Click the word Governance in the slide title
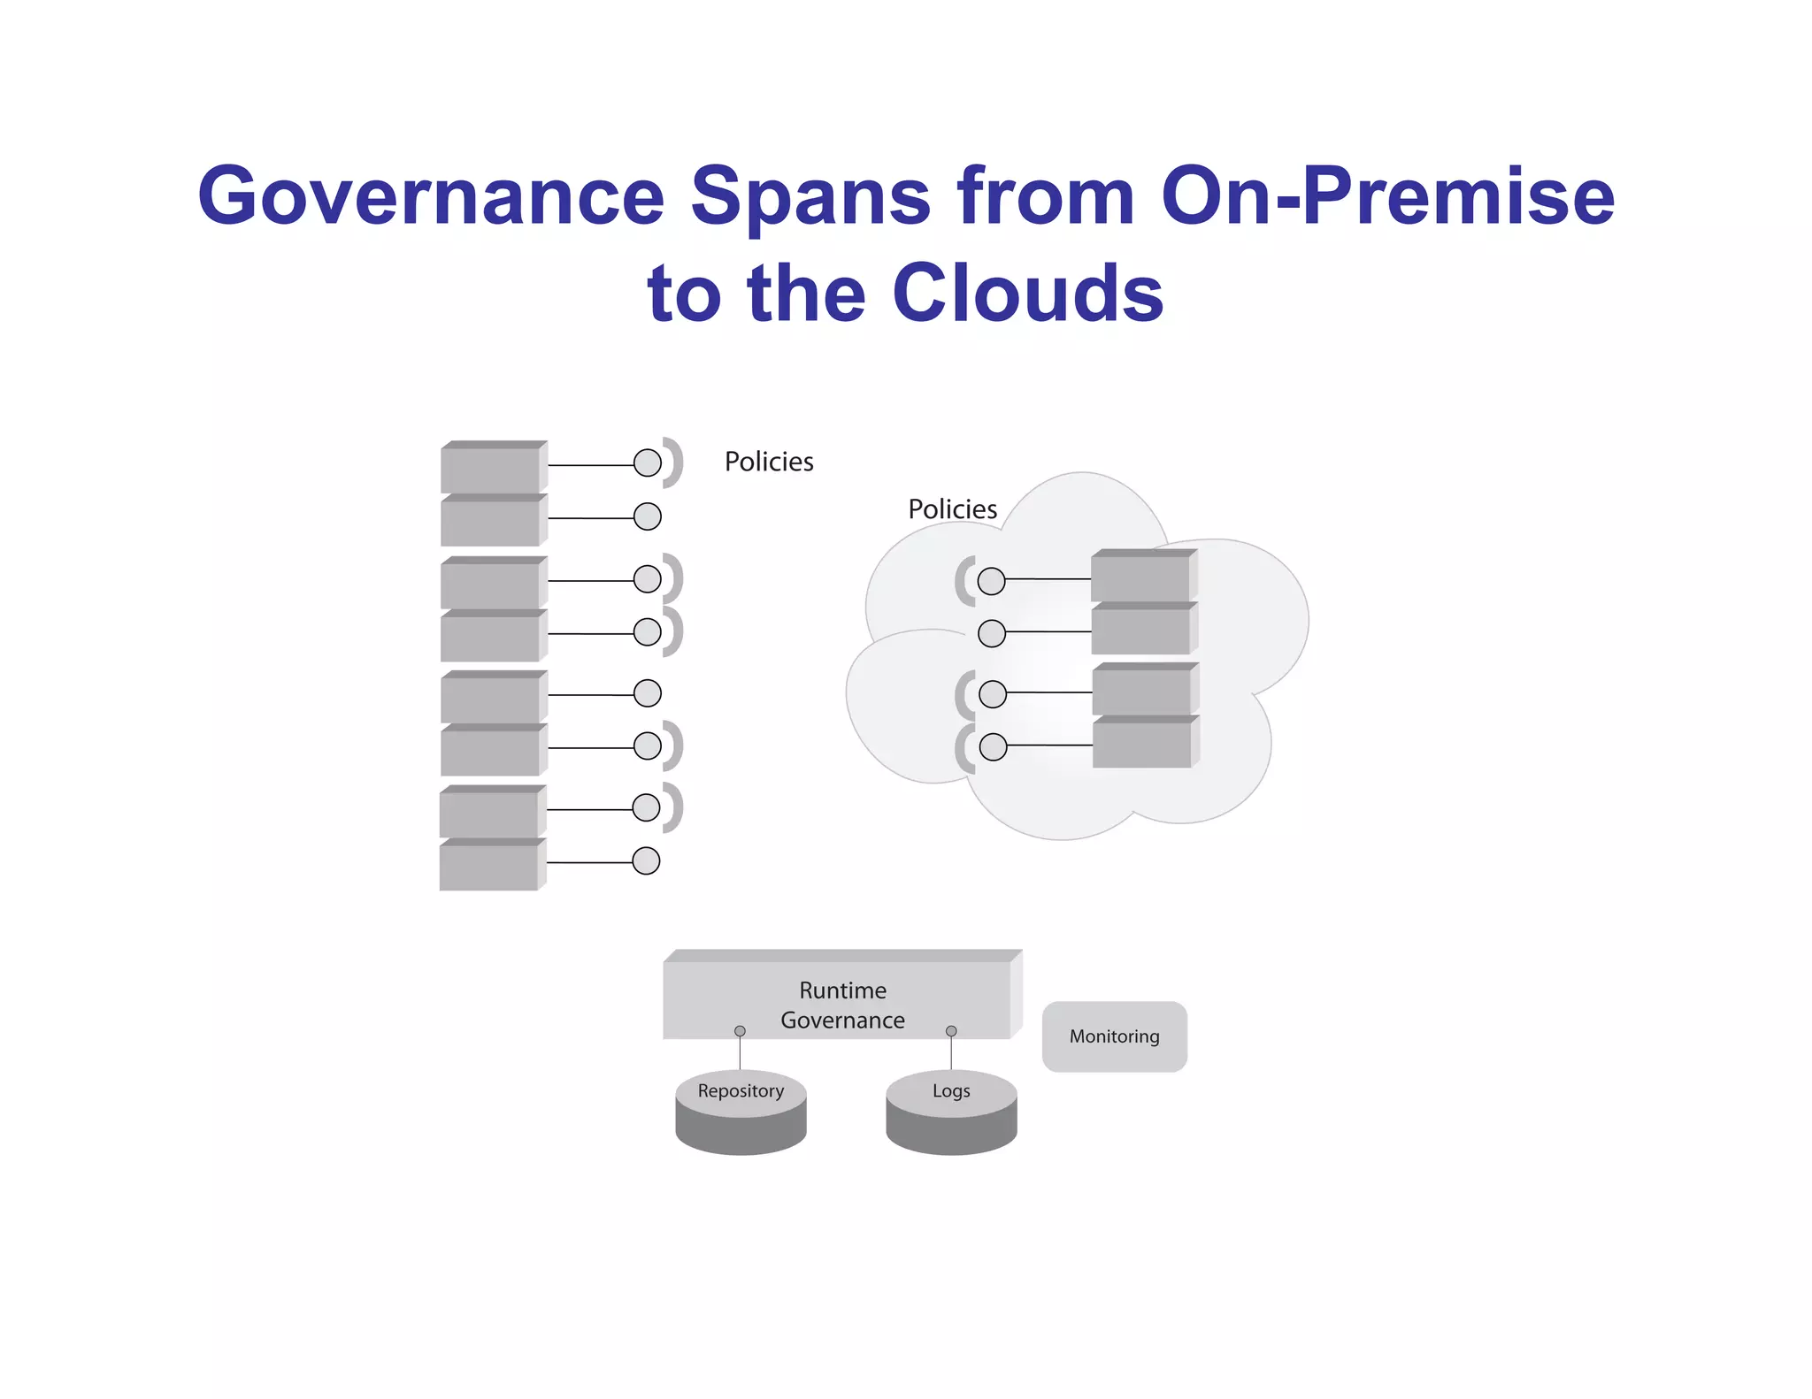431,196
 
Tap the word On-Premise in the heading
1387,196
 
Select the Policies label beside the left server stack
768,462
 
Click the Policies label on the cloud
952,509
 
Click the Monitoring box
1114,1036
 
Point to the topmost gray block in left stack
491,468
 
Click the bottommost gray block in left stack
489,866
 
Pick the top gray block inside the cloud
1141,577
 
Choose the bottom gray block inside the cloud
1142,744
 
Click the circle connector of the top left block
648,463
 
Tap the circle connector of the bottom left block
646,860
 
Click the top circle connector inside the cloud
991,581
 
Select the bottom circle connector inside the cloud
993,747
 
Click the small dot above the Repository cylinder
740,1031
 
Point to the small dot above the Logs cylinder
951,1031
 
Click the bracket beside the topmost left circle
675,463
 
